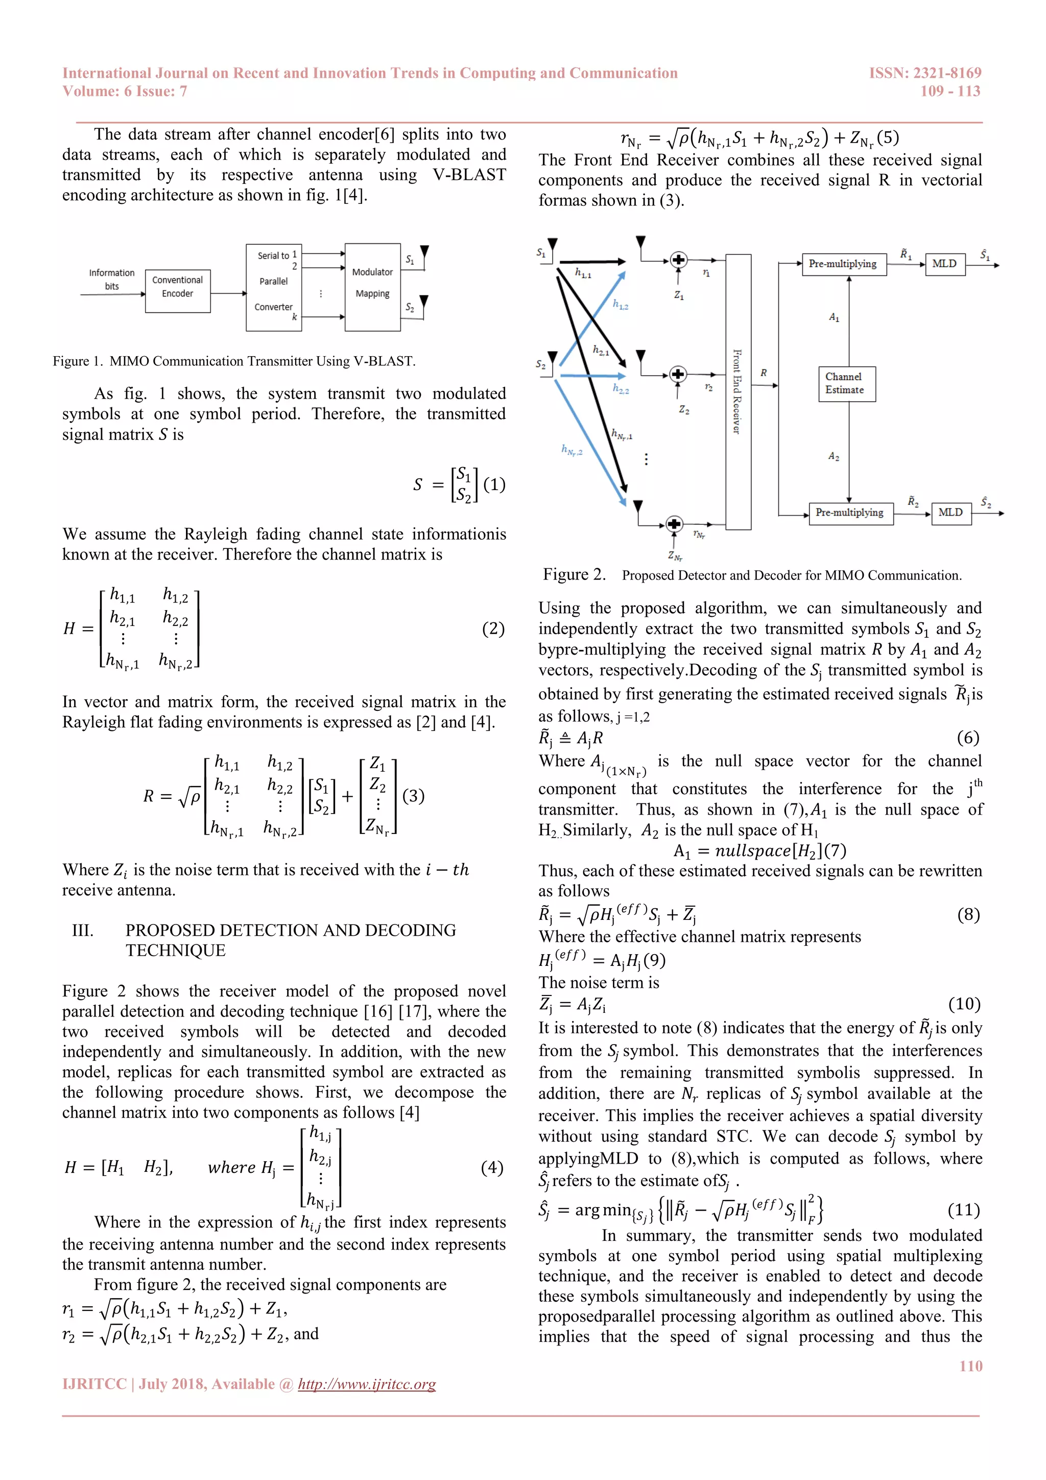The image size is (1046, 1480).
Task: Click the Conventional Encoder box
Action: (178, 291)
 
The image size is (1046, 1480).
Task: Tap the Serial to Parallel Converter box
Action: (274, 288)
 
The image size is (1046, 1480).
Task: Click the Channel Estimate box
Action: (846, 383)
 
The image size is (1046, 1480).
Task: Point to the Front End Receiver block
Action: (738, 391)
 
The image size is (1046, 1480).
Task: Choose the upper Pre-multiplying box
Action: (843, 264)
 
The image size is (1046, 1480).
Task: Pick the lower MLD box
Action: (950, 513)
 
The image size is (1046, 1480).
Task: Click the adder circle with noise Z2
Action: (678, 374)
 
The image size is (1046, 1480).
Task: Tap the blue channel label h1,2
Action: (620, 304)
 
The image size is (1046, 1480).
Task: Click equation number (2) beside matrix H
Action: (493, 629)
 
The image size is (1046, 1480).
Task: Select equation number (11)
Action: (964, 1210)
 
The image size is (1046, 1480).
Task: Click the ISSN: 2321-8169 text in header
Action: (925, 73)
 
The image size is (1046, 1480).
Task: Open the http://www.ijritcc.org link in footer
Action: (367, 1384)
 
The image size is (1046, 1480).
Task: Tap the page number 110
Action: (970, 1365)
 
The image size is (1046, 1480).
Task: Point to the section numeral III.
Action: (82, 930)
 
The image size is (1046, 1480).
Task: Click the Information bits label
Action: (111, 280)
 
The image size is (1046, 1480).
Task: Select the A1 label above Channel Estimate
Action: (834, 317)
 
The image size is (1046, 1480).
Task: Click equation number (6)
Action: (967, 737)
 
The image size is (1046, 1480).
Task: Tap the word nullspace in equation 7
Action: (752, 851)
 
